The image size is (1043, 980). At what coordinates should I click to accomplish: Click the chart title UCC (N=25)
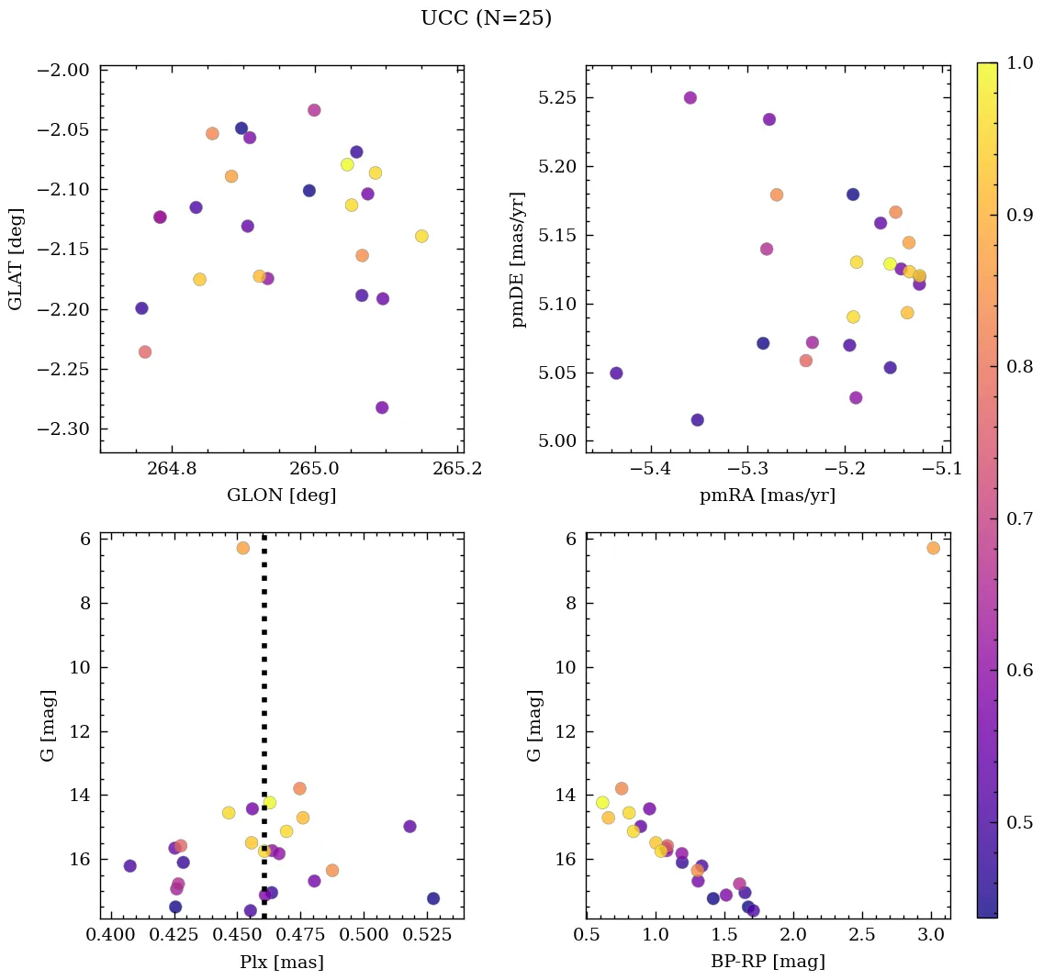tap(486, 18)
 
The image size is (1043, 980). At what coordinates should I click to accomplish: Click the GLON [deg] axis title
tap(281, 496)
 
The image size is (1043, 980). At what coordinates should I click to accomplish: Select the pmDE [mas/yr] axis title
tap(520, 260)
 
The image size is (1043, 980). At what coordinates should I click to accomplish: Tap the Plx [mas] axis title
tap(281, 963)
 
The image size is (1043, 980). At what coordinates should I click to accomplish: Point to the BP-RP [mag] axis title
tap(768, 963)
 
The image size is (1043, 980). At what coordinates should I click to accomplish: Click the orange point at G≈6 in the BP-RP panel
tap(933, 548)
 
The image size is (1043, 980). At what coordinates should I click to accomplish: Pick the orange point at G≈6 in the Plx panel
tap(243, 548)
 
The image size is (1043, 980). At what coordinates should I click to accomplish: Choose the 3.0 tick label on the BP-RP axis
tap(931, 936)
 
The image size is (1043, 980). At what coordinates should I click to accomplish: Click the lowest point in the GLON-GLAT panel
tap(382, 407)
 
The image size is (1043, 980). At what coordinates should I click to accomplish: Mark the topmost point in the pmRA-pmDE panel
tap(690, 98)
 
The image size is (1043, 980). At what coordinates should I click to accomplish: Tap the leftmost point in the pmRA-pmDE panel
tap(616, 373)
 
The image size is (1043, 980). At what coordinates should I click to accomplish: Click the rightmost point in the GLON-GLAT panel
tap(421, 236)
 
